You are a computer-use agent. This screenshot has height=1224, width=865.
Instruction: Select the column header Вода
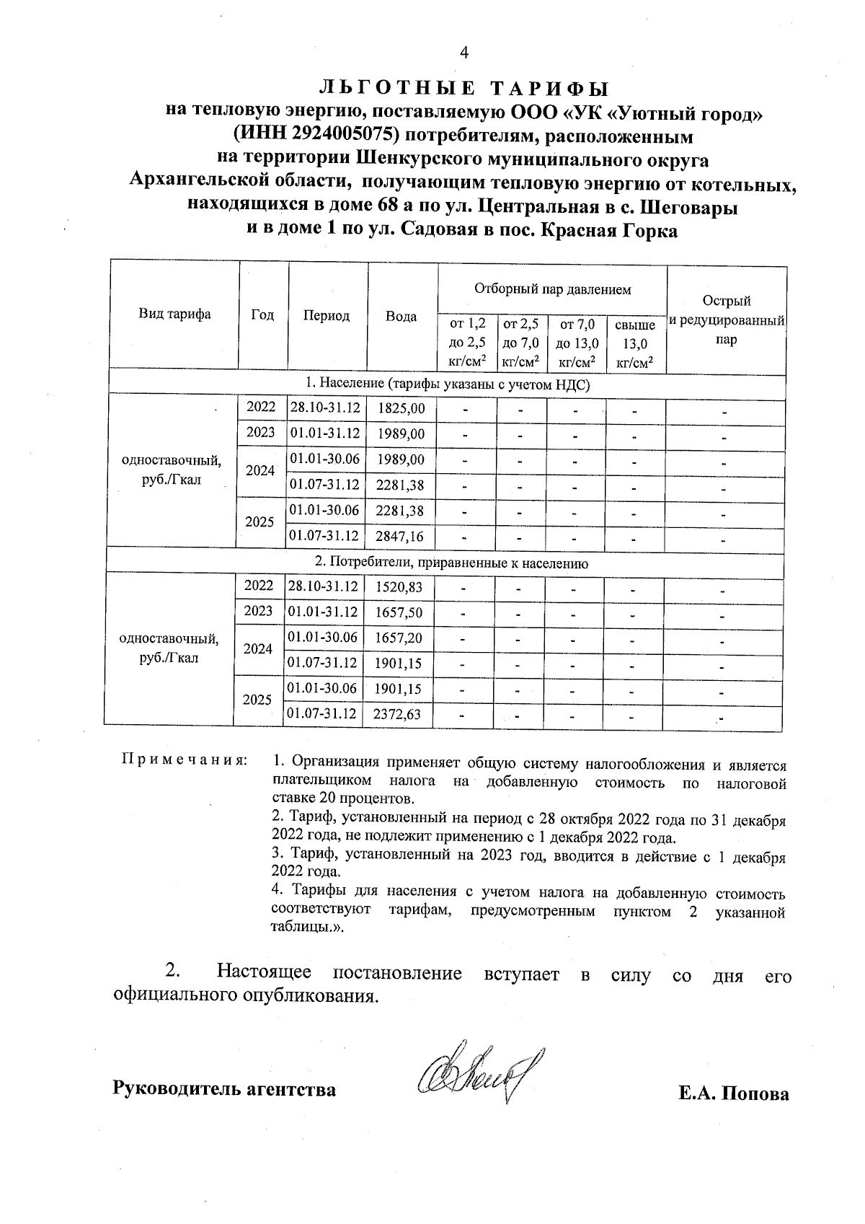[x=402, y=317]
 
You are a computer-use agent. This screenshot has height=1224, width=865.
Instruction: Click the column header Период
[x=327, y=316]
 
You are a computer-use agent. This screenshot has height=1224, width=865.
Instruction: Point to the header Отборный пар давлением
[x=552, y=289]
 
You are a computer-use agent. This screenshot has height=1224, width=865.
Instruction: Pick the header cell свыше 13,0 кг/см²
[x=634, y=344]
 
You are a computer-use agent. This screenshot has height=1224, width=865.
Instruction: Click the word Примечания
[x=184, y=760]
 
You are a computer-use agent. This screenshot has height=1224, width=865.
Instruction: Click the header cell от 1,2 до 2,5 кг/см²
[x=467, y=344]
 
